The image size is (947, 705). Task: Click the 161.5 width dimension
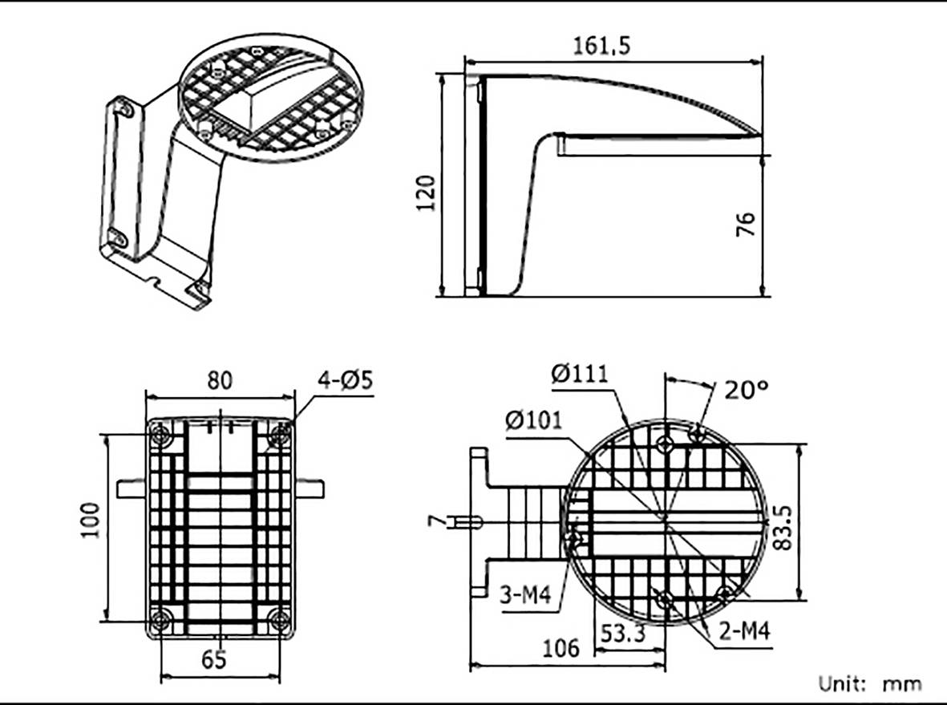coord(601,45)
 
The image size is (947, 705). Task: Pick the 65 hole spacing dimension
coord(213,659)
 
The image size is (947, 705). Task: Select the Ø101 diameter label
coord(534,419)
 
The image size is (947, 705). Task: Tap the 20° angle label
coord(747,390)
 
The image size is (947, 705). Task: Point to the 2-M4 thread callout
coord(743,631)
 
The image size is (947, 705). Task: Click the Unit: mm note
coord(869,683)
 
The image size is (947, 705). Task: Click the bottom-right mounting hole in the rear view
coord(279,619)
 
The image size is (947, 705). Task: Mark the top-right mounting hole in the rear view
coord(279,436)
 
